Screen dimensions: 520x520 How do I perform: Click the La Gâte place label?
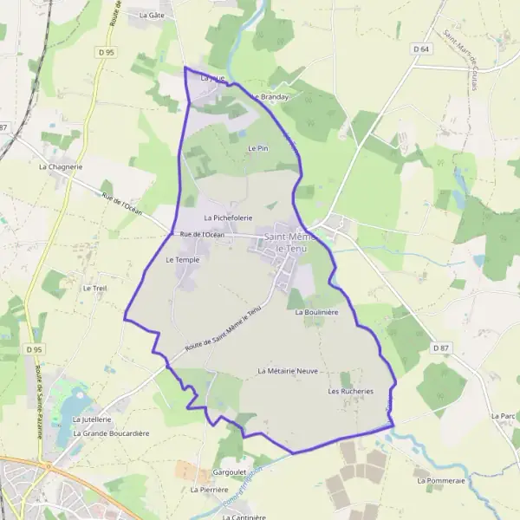pos(152,15)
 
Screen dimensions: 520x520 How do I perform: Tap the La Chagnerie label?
pos(61,166)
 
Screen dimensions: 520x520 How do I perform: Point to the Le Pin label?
pos(257,149)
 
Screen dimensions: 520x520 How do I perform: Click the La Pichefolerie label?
pos(228,218)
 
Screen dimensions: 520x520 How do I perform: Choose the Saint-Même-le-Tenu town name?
pos(289,243)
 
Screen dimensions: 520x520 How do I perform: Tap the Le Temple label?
pos(182,259)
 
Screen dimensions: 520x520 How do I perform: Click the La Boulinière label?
pos(316,311)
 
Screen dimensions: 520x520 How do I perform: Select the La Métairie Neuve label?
pos(289,370)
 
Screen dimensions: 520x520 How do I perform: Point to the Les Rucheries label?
pos(350,391)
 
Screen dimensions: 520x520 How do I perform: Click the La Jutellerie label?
pos(92,419)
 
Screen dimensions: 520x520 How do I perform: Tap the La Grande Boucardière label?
pos(112,433)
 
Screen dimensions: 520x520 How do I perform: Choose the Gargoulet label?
pos(230,473)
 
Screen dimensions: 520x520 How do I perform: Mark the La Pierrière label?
pos(208,490)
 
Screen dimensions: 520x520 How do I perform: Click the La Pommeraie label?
pos(441,479)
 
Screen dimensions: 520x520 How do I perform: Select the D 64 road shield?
pos(421,49)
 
